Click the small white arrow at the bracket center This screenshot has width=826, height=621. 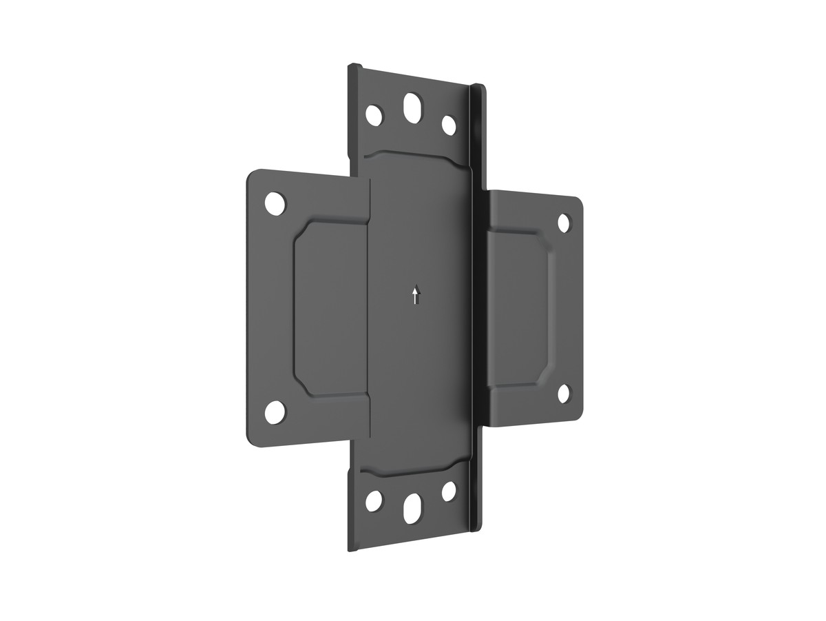[415, 296]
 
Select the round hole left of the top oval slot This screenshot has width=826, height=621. [374, 114]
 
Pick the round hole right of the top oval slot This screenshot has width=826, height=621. [449, 125]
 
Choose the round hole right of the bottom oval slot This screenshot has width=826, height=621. [449, 491]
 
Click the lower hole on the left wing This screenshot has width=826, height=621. [275, 411]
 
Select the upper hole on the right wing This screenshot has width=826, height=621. [564, 223]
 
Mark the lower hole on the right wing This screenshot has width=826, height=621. [564, 394]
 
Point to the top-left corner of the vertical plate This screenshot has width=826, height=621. [348, 67]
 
